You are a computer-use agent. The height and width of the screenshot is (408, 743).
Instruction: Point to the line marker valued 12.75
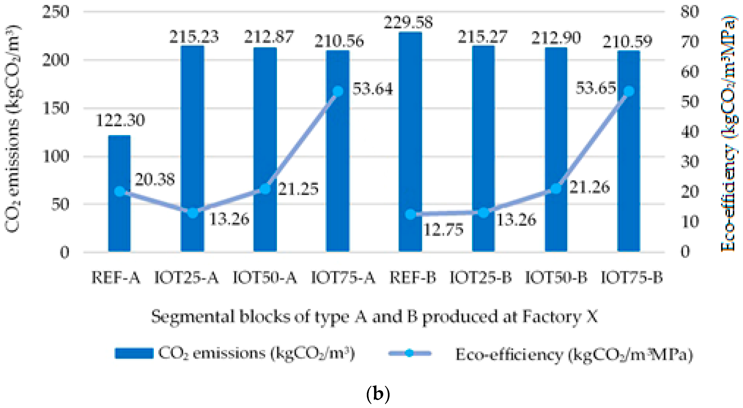pyautogui.click(x=410, y=214)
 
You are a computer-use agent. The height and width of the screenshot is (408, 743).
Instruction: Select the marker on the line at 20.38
pyautogui.click(x=119, y=191)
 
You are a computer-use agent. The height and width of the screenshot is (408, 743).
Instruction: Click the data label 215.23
pyautogui.click(x=194, y=37)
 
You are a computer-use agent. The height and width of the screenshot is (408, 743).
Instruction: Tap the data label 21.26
pyautogui.click(x=590, y=187)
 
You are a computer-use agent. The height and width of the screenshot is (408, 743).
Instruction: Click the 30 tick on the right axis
pyautogui.click(x=690, y=162)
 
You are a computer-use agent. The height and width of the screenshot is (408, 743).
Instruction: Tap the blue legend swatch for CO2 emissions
pyautogui.click(x=134, y=353)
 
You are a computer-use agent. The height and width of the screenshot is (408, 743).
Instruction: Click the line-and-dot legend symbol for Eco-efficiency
pyautogui.click(x=409, y=353)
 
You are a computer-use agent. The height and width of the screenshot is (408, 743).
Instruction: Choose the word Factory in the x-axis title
pyautogui.click(x=552, y=316)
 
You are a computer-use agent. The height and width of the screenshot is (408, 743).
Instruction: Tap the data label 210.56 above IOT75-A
pyautogui.click(x=339, y=41)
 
